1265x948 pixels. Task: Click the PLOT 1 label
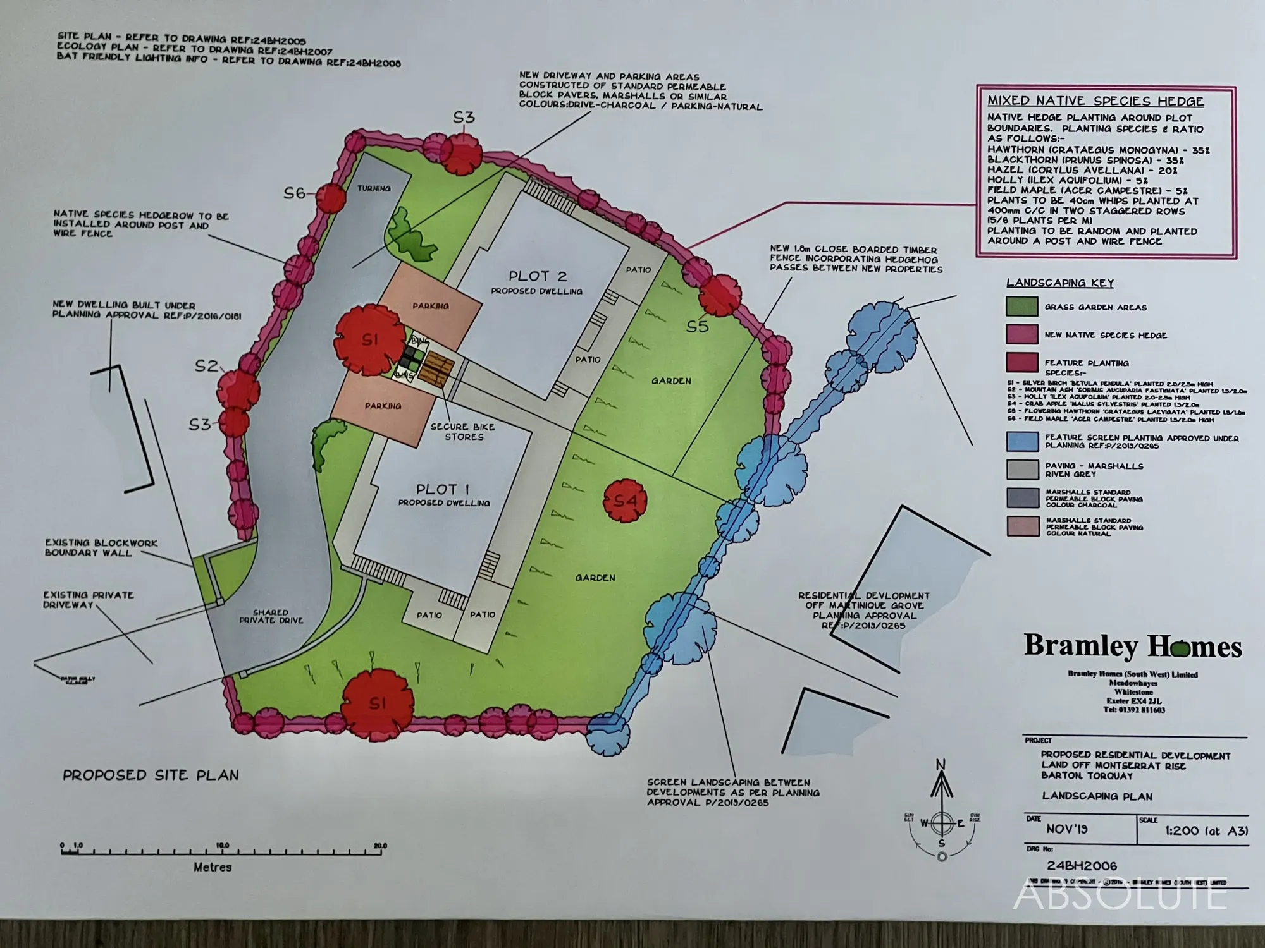point(443,489)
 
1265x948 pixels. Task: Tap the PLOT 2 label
point(537,276)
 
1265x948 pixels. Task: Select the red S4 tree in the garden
point(625,501)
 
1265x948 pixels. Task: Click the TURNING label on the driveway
point(373,188)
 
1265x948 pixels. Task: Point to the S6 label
point(295,193)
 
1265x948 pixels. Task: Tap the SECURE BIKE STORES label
point(464,432)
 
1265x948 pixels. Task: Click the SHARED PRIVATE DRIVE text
point(271,616)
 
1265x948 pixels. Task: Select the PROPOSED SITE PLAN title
point(151,775)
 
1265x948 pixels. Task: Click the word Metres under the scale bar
point(213,867)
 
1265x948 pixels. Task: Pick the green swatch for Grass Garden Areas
point(1021,307)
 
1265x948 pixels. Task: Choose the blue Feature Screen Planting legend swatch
point(1021,441)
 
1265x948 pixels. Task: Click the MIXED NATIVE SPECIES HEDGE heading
point(1095,101)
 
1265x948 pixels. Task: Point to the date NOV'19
point(1067,829)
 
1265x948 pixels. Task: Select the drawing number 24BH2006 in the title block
point(1082,866)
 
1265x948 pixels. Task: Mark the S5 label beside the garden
point(698,327)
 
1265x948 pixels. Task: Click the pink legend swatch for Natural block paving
point(1021,526)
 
